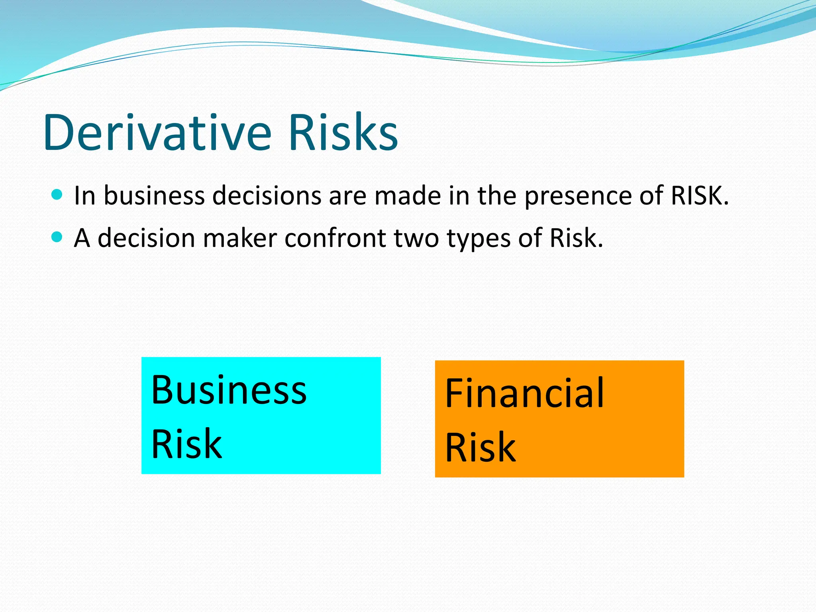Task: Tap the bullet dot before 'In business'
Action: coord(57,195)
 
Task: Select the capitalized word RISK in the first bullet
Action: coord(700,196)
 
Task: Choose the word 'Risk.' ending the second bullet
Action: coord(576,238)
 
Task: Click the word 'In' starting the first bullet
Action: coord(84,196)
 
